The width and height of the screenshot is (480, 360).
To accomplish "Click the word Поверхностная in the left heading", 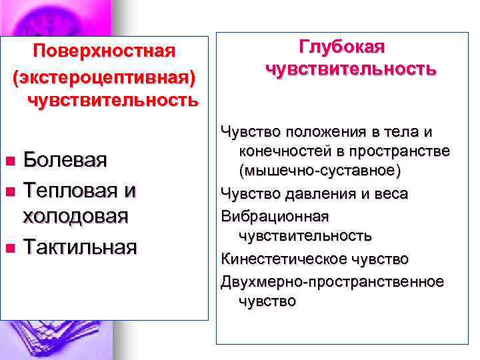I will (105, 51).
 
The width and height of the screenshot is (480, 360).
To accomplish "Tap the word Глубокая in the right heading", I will (342, 47).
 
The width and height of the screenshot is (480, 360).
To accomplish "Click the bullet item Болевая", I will (65, 160).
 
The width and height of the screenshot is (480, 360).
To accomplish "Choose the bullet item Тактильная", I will (80, 247).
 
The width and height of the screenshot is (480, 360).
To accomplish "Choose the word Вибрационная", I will (275, 216).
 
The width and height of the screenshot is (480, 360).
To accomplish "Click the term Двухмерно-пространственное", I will (332, 281).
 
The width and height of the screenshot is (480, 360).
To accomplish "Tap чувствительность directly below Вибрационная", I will (305, 236).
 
